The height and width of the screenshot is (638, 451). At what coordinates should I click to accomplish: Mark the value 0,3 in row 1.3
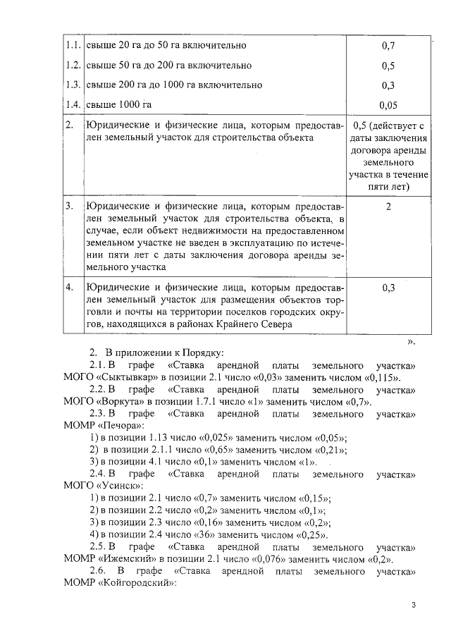coord(388,85)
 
